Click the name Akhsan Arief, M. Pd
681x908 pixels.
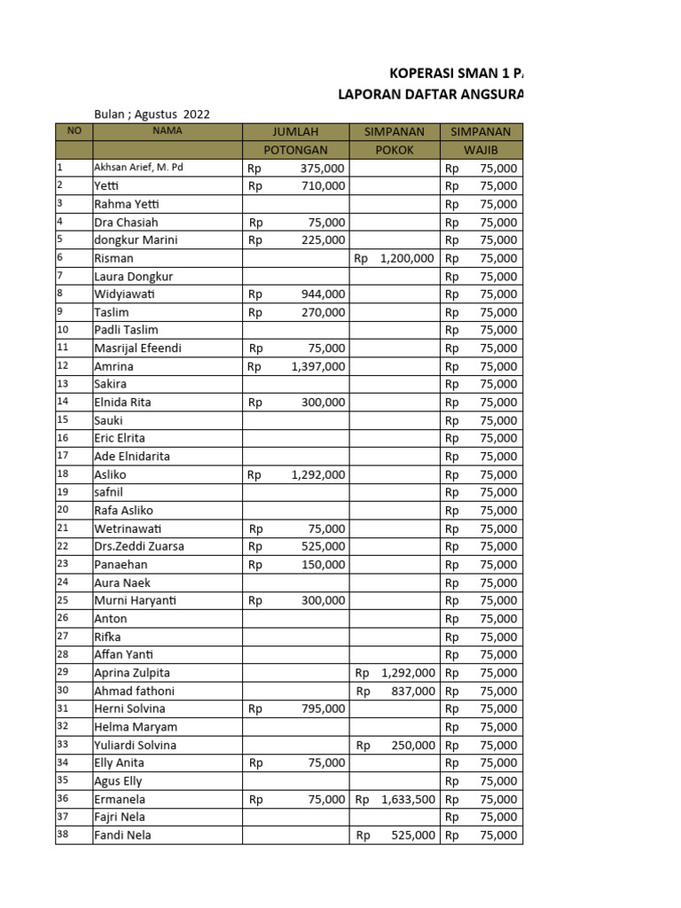point(138,168)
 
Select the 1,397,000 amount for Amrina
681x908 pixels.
point(317,366)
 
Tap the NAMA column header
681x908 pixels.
point(167,131)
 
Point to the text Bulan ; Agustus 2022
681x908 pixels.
point(152,113)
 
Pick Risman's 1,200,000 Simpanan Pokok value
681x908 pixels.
point(406,258)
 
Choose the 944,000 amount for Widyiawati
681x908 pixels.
point(323,294)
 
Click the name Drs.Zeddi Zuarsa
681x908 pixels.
point(139,546)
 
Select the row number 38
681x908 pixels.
point(62,834)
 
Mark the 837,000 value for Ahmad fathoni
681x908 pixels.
point(412,691)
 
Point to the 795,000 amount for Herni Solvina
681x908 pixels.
point(323,708)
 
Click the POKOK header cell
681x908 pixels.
point(395,150)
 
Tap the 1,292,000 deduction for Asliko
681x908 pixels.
point(317,474)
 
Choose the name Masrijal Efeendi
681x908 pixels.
point(137,348)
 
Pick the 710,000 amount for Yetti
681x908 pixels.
point(323,186)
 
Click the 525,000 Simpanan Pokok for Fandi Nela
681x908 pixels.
point(412,834)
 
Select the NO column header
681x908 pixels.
point(74,131)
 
